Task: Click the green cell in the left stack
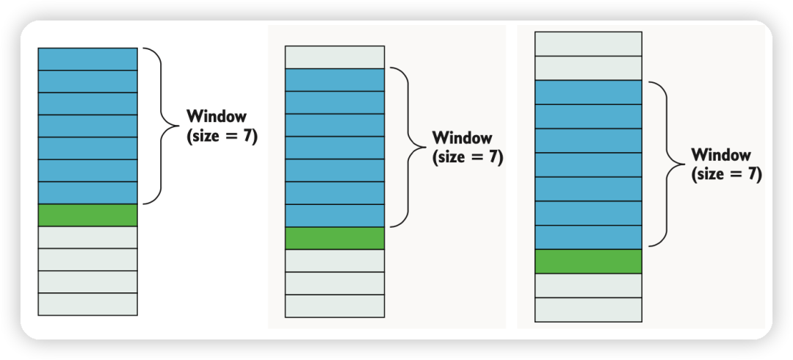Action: [x=87, y=215]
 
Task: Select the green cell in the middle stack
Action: [x=334, y=238]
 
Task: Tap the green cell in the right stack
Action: [x=588, y=262]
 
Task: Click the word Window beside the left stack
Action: [x=217, y=116]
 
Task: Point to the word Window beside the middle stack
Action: [x=463, y=137]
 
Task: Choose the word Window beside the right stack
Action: [x=721, y=155]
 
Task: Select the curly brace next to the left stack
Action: [x=155, y=126]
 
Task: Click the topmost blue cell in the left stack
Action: [x=87, y=59]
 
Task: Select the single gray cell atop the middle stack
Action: [x=334, y=57]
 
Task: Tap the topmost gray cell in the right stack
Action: [x=588, y=43]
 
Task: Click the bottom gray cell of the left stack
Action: [x=87, y=304]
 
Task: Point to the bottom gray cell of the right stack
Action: [x=588, y=309]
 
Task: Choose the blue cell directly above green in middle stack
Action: [x=334, y=215]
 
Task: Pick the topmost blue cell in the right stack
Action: [x=588, y=93]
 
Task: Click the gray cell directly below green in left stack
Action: [x=87, y=237]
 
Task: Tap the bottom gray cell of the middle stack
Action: [x=334, y=306]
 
